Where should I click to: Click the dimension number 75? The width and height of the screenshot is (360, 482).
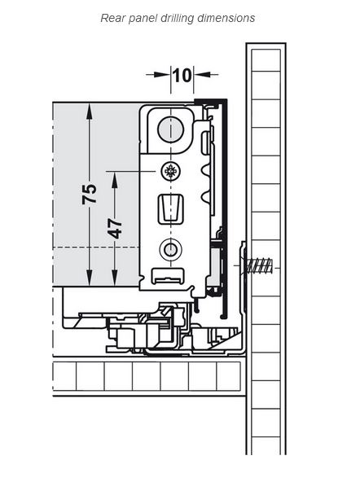click(x=90, y=194)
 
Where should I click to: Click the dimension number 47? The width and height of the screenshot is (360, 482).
click(x=116, y=229)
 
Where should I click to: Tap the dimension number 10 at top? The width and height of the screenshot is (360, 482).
click(x=182, y=75)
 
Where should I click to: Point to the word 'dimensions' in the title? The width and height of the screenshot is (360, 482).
click(x=226, y=18)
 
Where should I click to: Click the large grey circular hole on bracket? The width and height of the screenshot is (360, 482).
click(x=170, y=129)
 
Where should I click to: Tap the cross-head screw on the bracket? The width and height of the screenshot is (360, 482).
click(x=170, y=171)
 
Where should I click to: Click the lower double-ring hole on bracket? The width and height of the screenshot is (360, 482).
click(x=170, y=249)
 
